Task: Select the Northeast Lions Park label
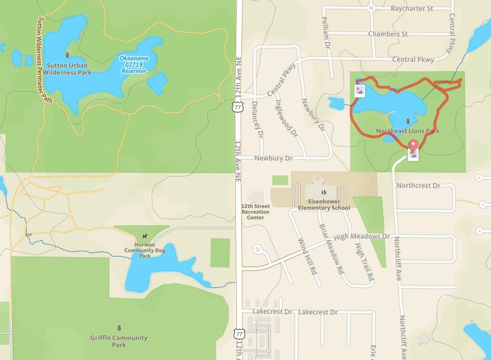tap(408, 131)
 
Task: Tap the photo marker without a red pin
tap(360, 90)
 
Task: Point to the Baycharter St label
tap(412, 9)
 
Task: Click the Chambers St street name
tap(388, 34)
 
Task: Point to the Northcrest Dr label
tap(418, 186)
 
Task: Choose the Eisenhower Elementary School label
tap(324, 205)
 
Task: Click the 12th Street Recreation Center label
tap(255, 212)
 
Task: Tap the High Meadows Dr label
tap(362, 237)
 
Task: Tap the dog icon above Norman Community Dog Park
tap(145, 236)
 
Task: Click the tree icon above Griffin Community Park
tap(119, 328)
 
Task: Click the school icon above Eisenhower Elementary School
tap(324, 192)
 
